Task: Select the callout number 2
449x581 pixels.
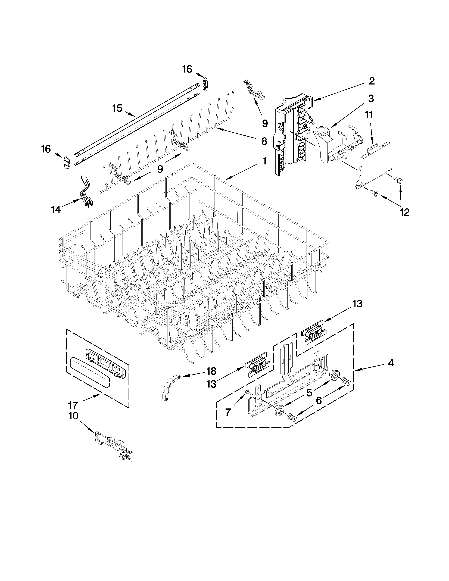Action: [x=372, y=81]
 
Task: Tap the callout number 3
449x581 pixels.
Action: [x=371, y=99]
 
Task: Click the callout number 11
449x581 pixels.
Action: [x=369, y=115]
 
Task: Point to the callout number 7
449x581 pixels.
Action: [x=228, y=412]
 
